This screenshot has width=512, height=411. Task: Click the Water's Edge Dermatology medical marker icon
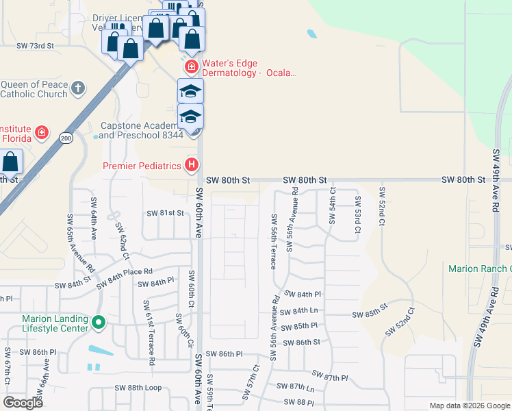[192, 66]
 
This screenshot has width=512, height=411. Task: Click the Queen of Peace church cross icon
[79, 88]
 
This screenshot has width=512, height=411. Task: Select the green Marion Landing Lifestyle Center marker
[99, 321]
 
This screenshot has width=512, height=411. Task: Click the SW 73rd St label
[34, 45]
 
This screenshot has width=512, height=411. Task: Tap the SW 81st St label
[165, 213]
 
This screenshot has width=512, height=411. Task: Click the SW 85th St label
[370, 310]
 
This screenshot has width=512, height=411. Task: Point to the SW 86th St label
[301, 342]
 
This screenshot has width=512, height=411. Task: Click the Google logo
[23, 403]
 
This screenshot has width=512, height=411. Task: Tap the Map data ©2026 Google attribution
[469, 406]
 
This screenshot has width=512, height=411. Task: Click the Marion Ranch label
[479, 269]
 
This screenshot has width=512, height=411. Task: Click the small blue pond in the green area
[312, 33]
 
